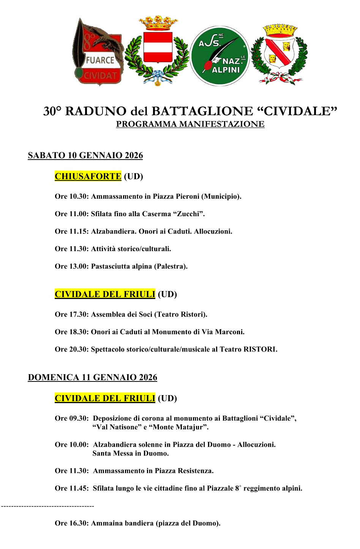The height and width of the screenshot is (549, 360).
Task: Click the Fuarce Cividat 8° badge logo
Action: [98, 52]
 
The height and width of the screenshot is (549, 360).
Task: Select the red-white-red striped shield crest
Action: [158, 47]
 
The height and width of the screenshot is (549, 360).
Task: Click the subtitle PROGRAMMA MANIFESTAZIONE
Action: [190, 124]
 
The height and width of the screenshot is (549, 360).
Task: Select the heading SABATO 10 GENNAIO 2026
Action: [85, 155]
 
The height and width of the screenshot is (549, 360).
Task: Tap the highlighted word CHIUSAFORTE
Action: [88, 176]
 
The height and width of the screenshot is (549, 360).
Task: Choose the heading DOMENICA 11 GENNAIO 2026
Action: [92, 377]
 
